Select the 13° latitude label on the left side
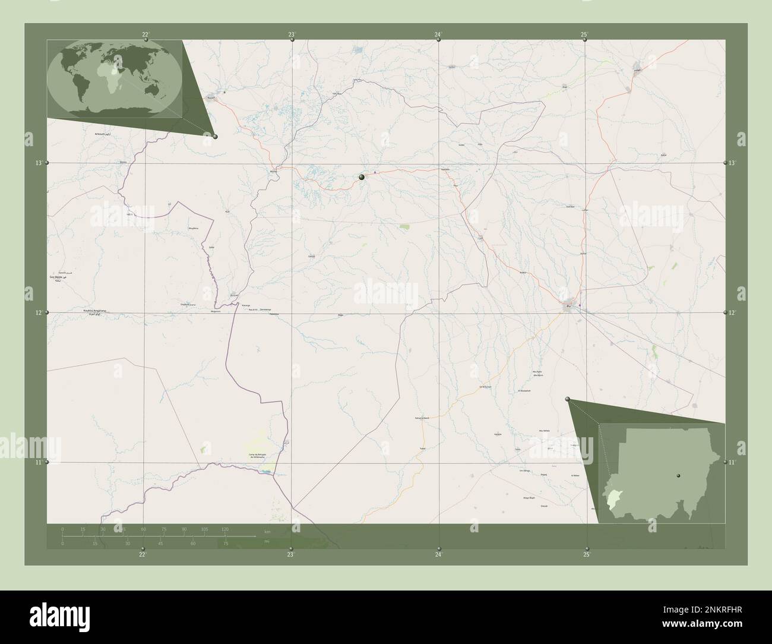tap(39, 163)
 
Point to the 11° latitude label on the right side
tap(733, 462)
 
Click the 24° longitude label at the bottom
tap(438, 555)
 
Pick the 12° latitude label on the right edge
tap(733, 312)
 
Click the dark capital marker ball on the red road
tap(361, 176)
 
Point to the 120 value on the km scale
tap(224, 529)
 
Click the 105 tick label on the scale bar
tap(204, 529)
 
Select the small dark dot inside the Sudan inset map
tap(678, 475)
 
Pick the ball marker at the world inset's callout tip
tap(215, 137)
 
